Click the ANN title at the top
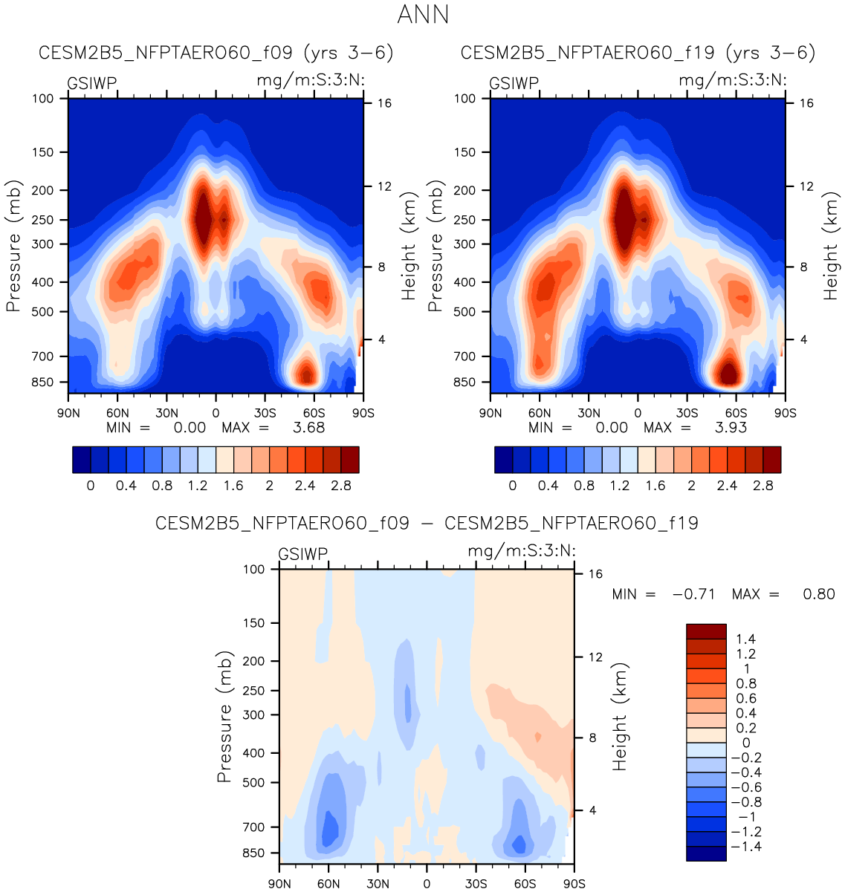(x=423, y=15)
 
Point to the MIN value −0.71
(x=693, y=594)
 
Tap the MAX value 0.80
(x=819, y=594)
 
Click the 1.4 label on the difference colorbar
(x=745, y=639)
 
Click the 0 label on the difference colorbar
(x=746, y=743)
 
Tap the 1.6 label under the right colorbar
(x=655, y=486)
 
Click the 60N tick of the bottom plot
(x=328, y=884)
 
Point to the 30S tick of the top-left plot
(x=265, y=413)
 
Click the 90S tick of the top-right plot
(x=785, y=413)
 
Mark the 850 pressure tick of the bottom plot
(x=254, y=853)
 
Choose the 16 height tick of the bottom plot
(x=595, y=574)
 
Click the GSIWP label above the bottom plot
(x=302, y=554)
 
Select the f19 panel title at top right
(x=638, y=53)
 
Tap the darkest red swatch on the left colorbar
(x=350, y=460)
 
